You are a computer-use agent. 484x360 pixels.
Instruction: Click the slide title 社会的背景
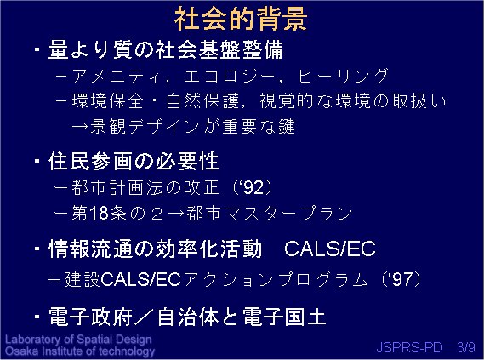(241, 19)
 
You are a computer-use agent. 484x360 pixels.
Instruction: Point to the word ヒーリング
(343, 76)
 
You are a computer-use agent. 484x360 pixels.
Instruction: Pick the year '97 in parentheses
(401, 279)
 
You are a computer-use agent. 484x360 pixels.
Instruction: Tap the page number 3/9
(466, 347)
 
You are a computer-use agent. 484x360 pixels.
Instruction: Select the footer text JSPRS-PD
(409, 347)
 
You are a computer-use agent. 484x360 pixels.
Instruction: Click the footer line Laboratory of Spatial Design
(78, 340)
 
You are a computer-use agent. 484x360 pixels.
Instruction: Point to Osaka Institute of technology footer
(80, 351)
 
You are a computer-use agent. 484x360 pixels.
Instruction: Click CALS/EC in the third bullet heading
(330, 249)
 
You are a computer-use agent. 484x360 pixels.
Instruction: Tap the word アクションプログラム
(275, 279)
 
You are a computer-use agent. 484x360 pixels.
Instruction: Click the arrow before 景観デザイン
(80, 127)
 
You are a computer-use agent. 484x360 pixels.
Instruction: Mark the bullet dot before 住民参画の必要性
(37, 161)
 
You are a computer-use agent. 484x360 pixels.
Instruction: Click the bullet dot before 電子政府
(37, 317)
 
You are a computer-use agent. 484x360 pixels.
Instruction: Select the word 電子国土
(284, 317)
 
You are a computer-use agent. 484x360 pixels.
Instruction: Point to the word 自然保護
(202, 100)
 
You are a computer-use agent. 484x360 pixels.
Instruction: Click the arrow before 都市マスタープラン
(176, 213)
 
